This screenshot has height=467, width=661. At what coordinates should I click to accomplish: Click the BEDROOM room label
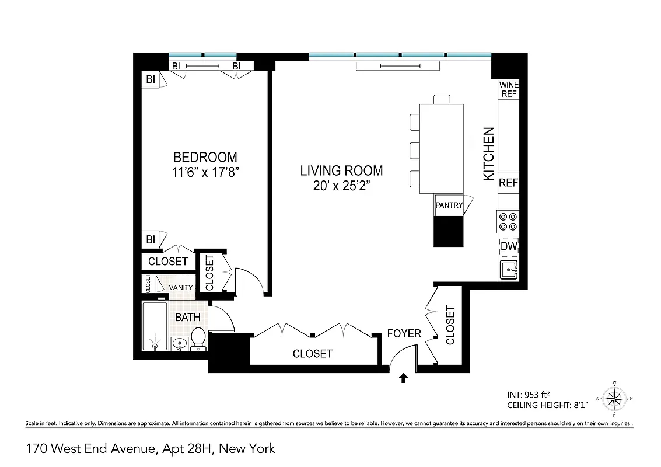point(205,157)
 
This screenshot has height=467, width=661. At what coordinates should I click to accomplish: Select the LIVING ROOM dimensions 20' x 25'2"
point(341,186)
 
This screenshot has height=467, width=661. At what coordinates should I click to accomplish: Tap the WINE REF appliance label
point(508,89)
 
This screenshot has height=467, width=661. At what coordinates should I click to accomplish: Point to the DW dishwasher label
point(508,247)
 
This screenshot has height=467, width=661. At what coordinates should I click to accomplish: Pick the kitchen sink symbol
point(508,269)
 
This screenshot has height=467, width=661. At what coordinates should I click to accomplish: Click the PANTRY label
point(449,205)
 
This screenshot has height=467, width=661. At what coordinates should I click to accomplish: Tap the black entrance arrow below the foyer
point(403,379)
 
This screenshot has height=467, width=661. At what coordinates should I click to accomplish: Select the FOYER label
point(404,333)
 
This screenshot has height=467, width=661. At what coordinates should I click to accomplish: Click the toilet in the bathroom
point(198,339)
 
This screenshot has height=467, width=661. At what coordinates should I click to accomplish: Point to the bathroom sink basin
point(179,344)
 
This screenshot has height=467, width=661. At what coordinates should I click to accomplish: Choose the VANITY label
point(181,288)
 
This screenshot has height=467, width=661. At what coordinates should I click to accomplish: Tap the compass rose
point(614,399)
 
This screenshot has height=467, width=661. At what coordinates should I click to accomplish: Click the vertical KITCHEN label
point(489,154)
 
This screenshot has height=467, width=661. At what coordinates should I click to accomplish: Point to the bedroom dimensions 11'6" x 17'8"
point(205,173)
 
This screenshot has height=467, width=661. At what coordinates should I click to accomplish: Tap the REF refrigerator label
point(508,183)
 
